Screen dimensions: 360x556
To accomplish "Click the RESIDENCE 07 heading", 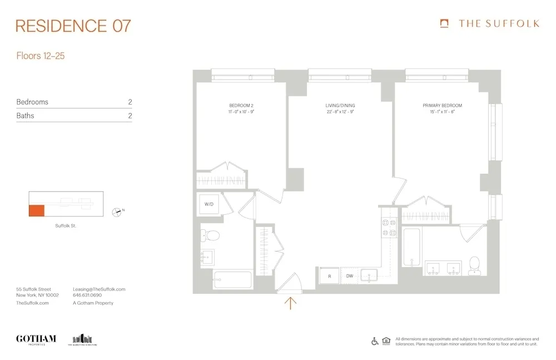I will pos(73,26).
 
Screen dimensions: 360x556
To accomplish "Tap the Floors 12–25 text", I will pos(41,56).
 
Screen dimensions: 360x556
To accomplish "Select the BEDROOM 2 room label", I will pos(241,106).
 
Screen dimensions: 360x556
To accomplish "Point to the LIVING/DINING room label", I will pos(340,106).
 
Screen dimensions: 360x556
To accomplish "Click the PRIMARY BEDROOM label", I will pos(442,106).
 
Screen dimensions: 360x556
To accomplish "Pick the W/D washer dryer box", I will pos(209,204).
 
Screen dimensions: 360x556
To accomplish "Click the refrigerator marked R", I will pos(329,276).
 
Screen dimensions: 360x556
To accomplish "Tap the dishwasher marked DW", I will pos(350,276).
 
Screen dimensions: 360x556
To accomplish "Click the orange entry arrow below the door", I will pos(291,303).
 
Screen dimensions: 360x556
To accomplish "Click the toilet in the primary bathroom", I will pos(474,265).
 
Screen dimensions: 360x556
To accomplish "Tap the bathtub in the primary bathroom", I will pos(411,246).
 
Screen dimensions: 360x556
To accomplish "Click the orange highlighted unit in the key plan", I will pos(37,210).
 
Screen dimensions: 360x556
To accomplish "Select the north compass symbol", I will pos(117,211).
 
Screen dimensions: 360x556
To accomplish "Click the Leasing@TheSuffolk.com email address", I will pos(99,289).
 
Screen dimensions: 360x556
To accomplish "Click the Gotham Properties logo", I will pos(36,339).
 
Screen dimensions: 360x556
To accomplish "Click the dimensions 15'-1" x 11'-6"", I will pos(442,112).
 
